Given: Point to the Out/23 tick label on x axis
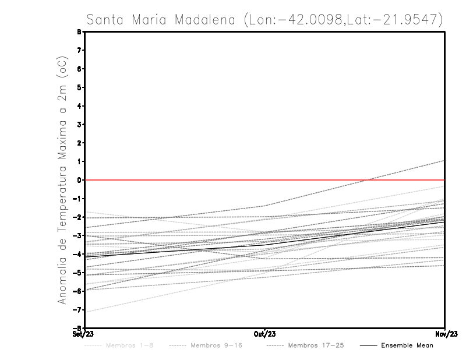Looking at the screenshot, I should point(265,334).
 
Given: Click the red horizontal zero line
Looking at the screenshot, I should point(175,180).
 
